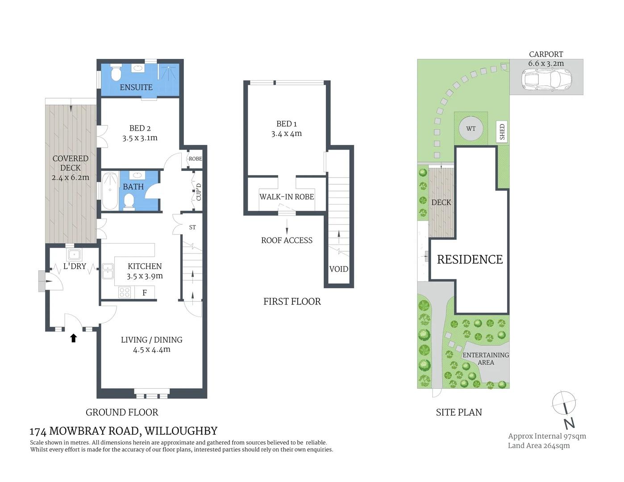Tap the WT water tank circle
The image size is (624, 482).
coord(471,129)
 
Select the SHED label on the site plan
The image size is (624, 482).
coord(502,132)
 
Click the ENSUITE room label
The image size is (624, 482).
coord(136,87)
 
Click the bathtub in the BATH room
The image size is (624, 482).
coord(110,191)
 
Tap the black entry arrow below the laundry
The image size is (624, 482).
coord(74,338)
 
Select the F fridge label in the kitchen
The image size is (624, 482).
coord(145,293)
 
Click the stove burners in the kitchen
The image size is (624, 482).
coord(125,293)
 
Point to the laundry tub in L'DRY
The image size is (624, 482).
coord(74,255)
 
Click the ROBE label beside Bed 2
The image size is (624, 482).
coord(195,159)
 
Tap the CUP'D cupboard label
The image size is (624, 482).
coord(199,192)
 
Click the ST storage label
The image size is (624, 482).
coord(192,228)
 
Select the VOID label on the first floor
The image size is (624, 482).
coord(338,269)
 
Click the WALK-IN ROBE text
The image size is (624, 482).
coord(287,197)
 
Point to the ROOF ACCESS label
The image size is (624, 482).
coord(287,241)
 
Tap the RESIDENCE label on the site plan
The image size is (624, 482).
coord(470,260)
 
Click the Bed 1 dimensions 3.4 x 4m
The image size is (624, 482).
coord(287,134)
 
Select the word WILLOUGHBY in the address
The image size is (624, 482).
coord(181,431)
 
